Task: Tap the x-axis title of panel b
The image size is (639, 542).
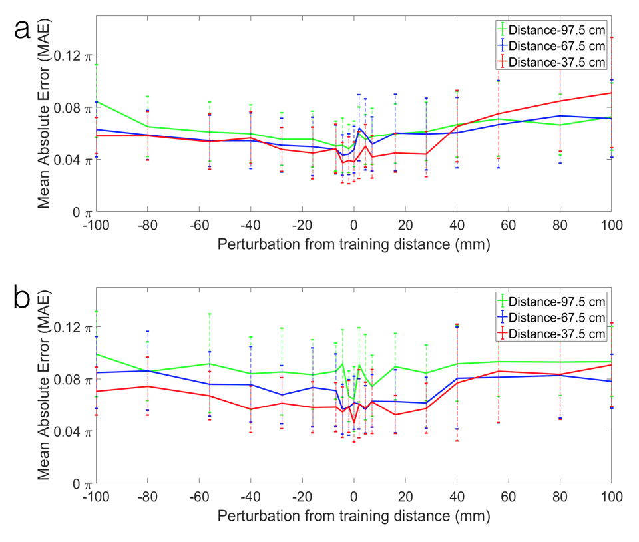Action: pyautogui.click(x=353, y=516)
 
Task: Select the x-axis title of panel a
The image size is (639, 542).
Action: pyautogui.click(x=353, y=244)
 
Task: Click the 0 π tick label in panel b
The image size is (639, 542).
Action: pyautogui.click(x=79, y=484)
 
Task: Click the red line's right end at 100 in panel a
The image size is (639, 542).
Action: pyautogui.click(x=611, y=93)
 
